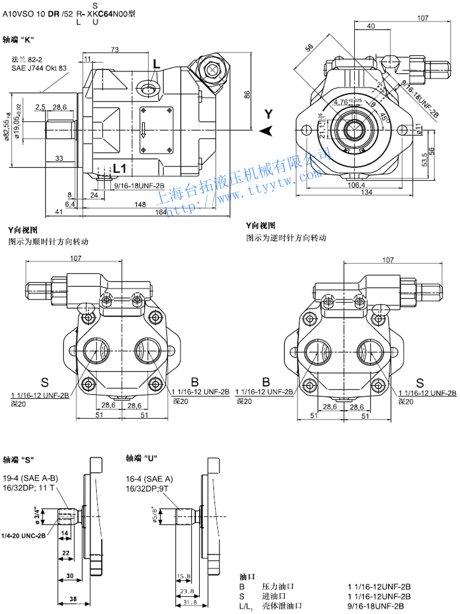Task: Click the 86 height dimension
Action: click(247, 94)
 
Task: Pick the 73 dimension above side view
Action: click(114, 50)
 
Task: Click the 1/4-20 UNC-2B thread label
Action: click(24, 535)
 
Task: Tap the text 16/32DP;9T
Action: click(148, 488)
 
